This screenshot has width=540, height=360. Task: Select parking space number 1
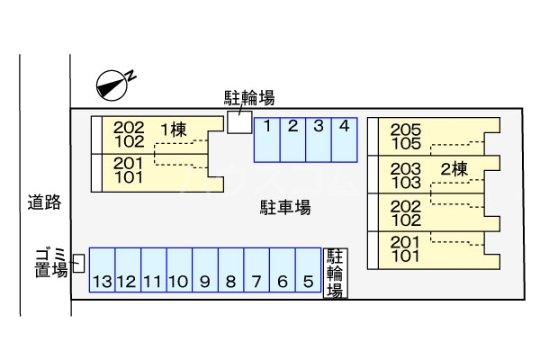click(x=267, y=139)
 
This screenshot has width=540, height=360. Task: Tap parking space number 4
click(x=344, y=139)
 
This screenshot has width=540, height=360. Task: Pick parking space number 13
click(x=101, y=270)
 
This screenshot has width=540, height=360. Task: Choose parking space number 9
click(x=205, y=270)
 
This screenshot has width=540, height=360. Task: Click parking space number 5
click(x=308, y=270)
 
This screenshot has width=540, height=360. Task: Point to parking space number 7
click(x=256, y=270)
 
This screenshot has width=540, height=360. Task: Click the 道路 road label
click(x=43, y=202)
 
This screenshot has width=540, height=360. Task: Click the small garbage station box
click(x=79, y=263)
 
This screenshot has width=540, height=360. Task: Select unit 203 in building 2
click(x=406, y=168)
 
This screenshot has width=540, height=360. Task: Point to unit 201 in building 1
click(x=129, y=162)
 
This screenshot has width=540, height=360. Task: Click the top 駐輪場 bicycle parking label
click(x=249, y=97)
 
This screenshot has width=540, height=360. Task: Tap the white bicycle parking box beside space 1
click(x=239, y=122)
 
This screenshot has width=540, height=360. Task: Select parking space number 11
click(x=152, y=270)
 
